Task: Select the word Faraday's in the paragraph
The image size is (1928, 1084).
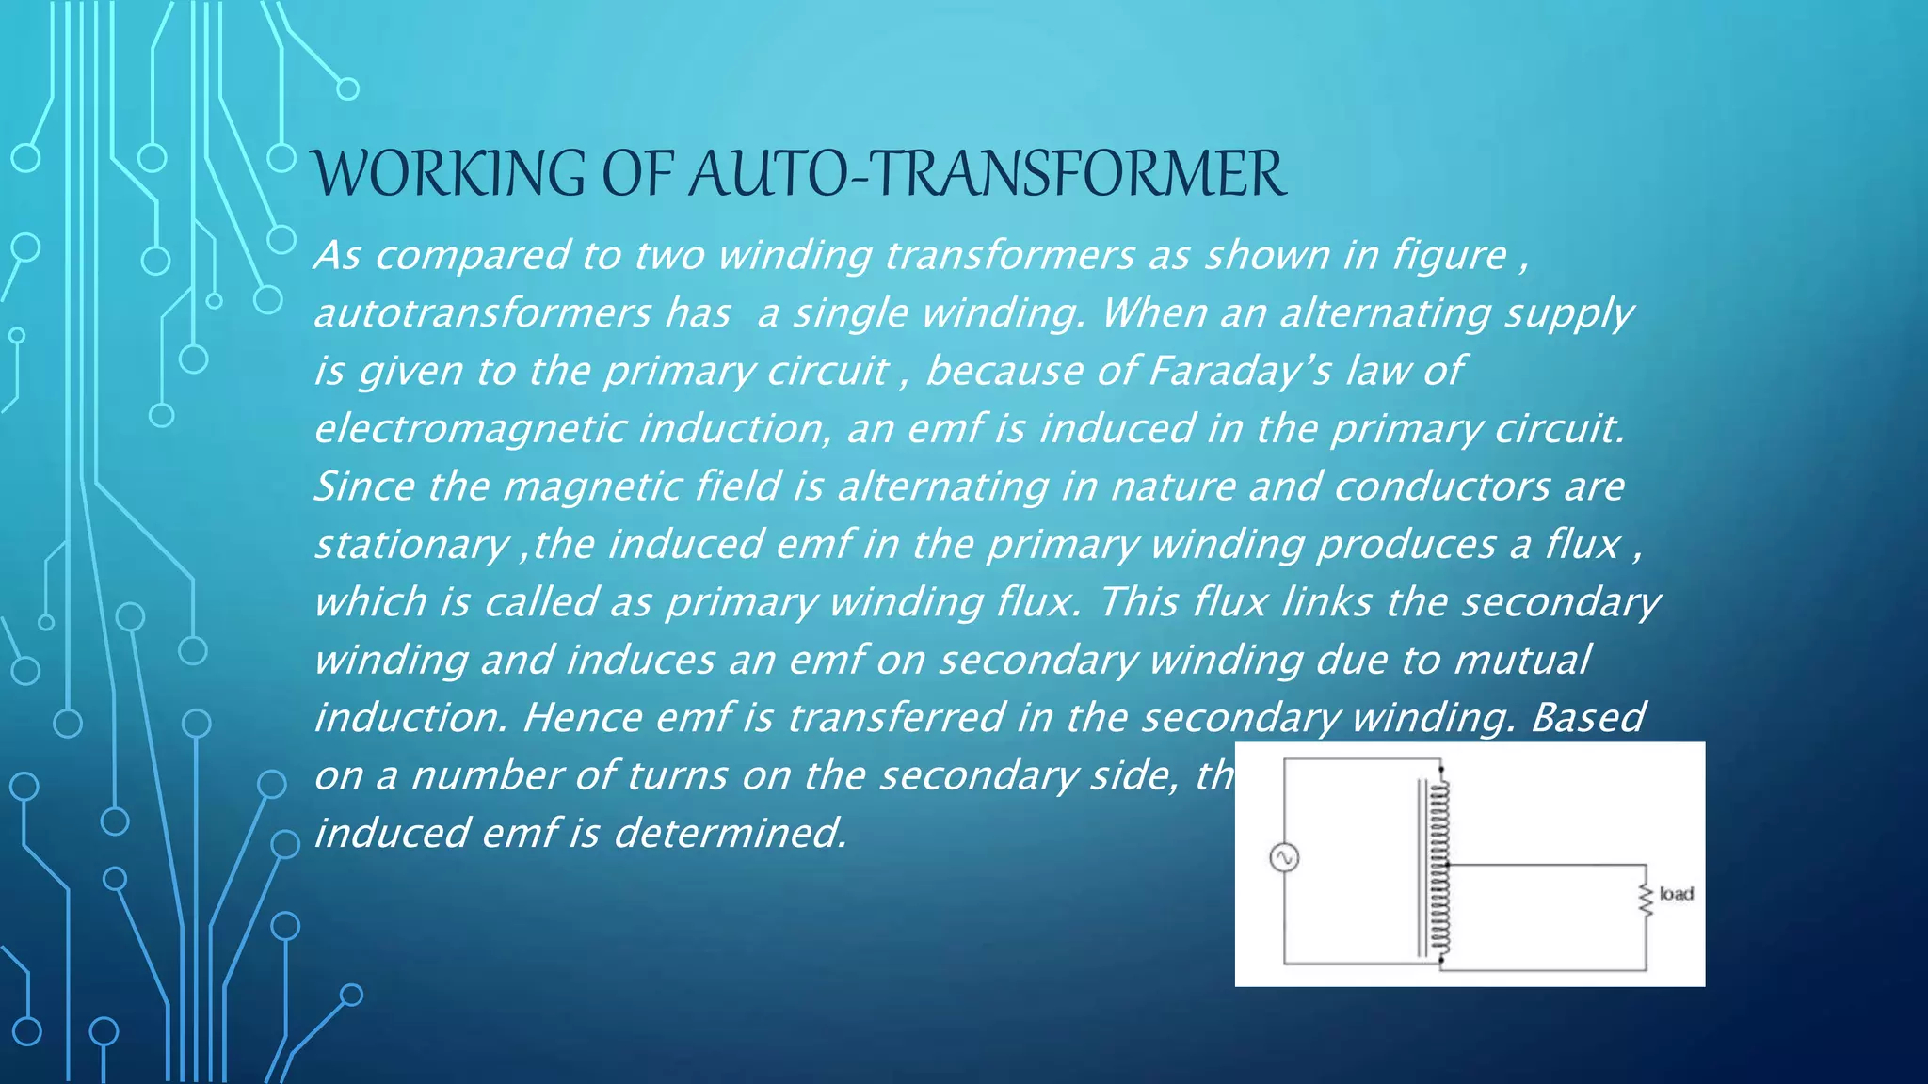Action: [1239, 371]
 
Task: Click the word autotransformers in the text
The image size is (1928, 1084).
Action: [482, 313]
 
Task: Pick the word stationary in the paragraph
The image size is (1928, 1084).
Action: [410, 545]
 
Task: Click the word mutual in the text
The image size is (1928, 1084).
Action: [1521, 660]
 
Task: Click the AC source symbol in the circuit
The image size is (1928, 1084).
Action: [1284, 857]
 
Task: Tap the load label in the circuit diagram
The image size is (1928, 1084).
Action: [1676, 893]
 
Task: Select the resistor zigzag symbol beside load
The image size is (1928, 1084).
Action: [1646, 900]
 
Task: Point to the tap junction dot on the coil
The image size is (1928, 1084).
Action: [1447, 864]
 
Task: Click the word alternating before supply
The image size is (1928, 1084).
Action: [1383, 313]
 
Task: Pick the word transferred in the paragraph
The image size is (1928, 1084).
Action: [896, 718]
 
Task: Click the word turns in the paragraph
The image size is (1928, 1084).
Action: [676, 775]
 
